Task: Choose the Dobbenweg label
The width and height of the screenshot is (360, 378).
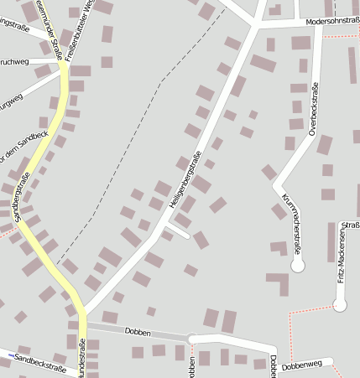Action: coord(302,365)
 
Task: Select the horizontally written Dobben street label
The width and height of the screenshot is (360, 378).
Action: coord(137,333)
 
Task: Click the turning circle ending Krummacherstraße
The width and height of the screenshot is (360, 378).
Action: coord(297,265)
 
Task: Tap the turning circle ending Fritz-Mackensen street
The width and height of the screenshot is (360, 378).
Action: coord(340,305)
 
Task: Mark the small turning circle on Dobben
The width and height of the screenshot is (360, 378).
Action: coord(192,339)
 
